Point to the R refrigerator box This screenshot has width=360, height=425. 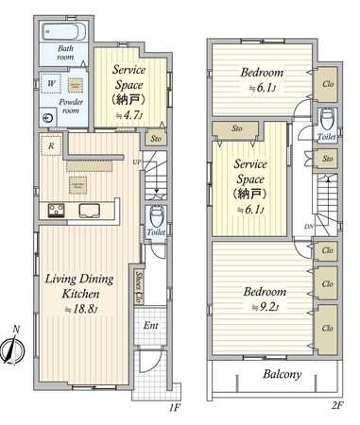coord(49,145)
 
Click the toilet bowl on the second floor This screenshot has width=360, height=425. coord(326,120)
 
